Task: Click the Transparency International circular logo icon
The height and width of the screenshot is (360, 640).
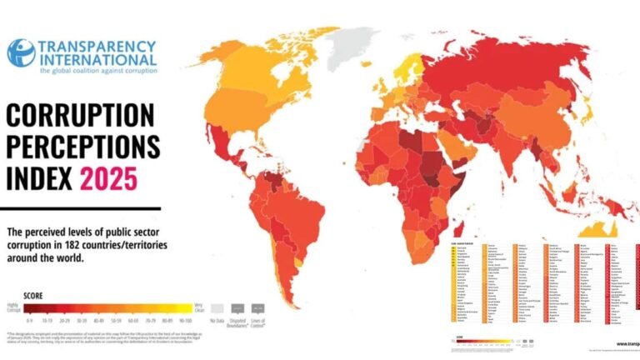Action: [x=21, y=52]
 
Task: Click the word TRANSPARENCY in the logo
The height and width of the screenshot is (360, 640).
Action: [x=97, y=45]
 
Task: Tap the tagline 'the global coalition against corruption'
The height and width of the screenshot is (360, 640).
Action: [x=97, y=71]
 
